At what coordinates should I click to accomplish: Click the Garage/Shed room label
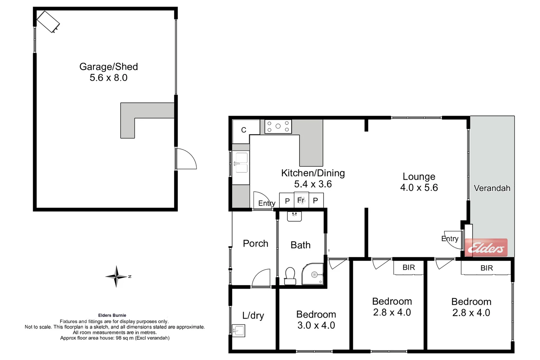tap(108, 67)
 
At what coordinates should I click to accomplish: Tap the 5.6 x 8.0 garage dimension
tap(108, 78)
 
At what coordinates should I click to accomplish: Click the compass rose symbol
tap(116, 276)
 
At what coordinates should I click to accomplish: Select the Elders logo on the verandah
tap(486, 248)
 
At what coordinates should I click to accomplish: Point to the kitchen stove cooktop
tap(278, 127)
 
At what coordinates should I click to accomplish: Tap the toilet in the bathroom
tap(290, 276)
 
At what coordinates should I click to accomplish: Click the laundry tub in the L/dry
tap(239, 331)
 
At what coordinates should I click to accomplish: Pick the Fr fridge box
tap(301, 200)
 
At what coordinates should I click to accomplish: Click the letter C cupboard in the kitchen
tap(244, 130)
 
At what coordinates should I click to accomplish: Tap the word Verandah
tap(492, 188)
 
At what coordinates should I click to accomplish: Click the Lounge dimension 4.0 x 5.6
tap(419, 188)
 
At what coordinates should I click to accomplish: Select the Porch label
tap(255, 244)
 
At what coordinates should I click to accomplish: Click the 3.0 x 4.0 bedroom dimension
tap(316, 325)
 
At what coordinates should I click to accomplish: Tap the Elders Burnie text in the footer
tap(112, 315)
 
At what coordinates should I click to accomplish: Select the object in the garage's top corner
tap(48, 22)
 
